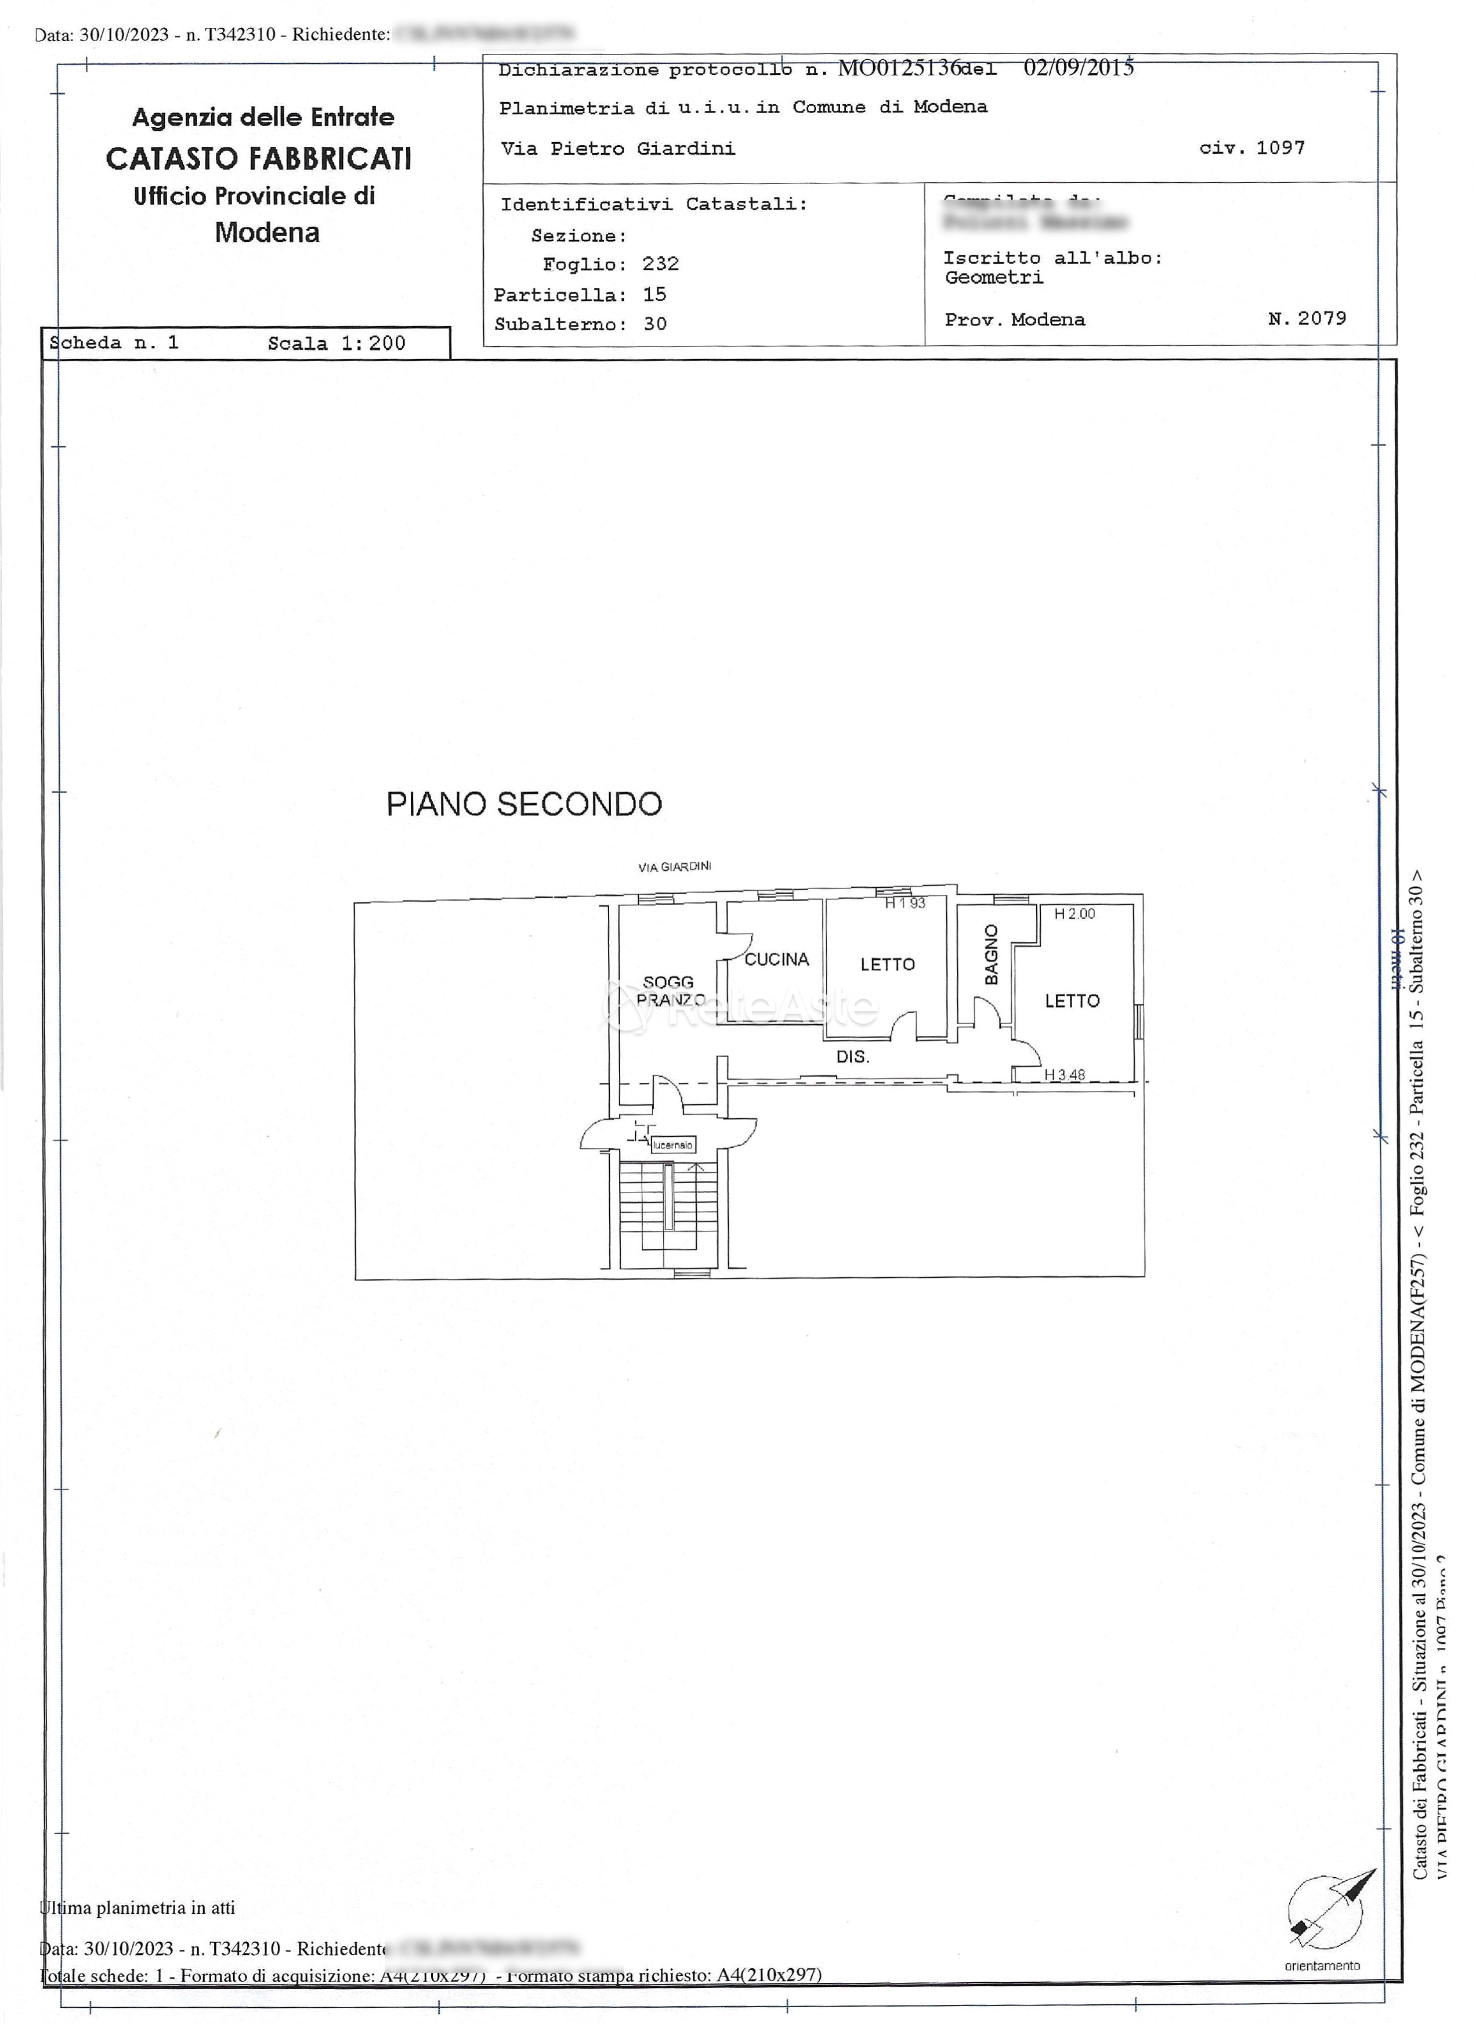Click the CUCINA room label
click(x=776, y=960)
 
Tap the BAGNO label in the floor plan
click(x=991, y=955)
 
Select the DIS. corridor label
click(x=852, y=1057)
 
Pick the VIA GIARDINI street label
click(x=675, y=867)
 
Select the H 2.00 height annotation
click(x=1074, y=914)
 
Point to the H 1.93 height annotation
click(x=905, y=903)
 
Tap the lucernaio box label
click(x=673, y=1145)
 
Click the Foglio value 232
click(x=660, y=263)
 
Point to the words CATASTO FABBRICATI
click(x=259, y=159)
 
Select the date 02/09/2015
click(x=1079, y=68)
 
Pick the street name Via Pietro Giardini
click(x=618, y=149)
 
